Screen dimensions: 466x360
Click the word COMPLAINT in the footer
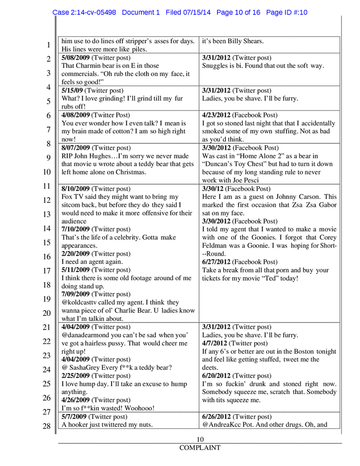pos(200,448)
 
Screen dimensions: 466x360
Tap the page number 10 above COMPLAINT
pos(200,439)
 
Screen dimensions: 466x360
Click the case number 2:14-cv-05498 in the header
pos(94,12)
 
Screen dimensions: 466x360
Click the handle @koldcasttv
pos(84,303)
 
